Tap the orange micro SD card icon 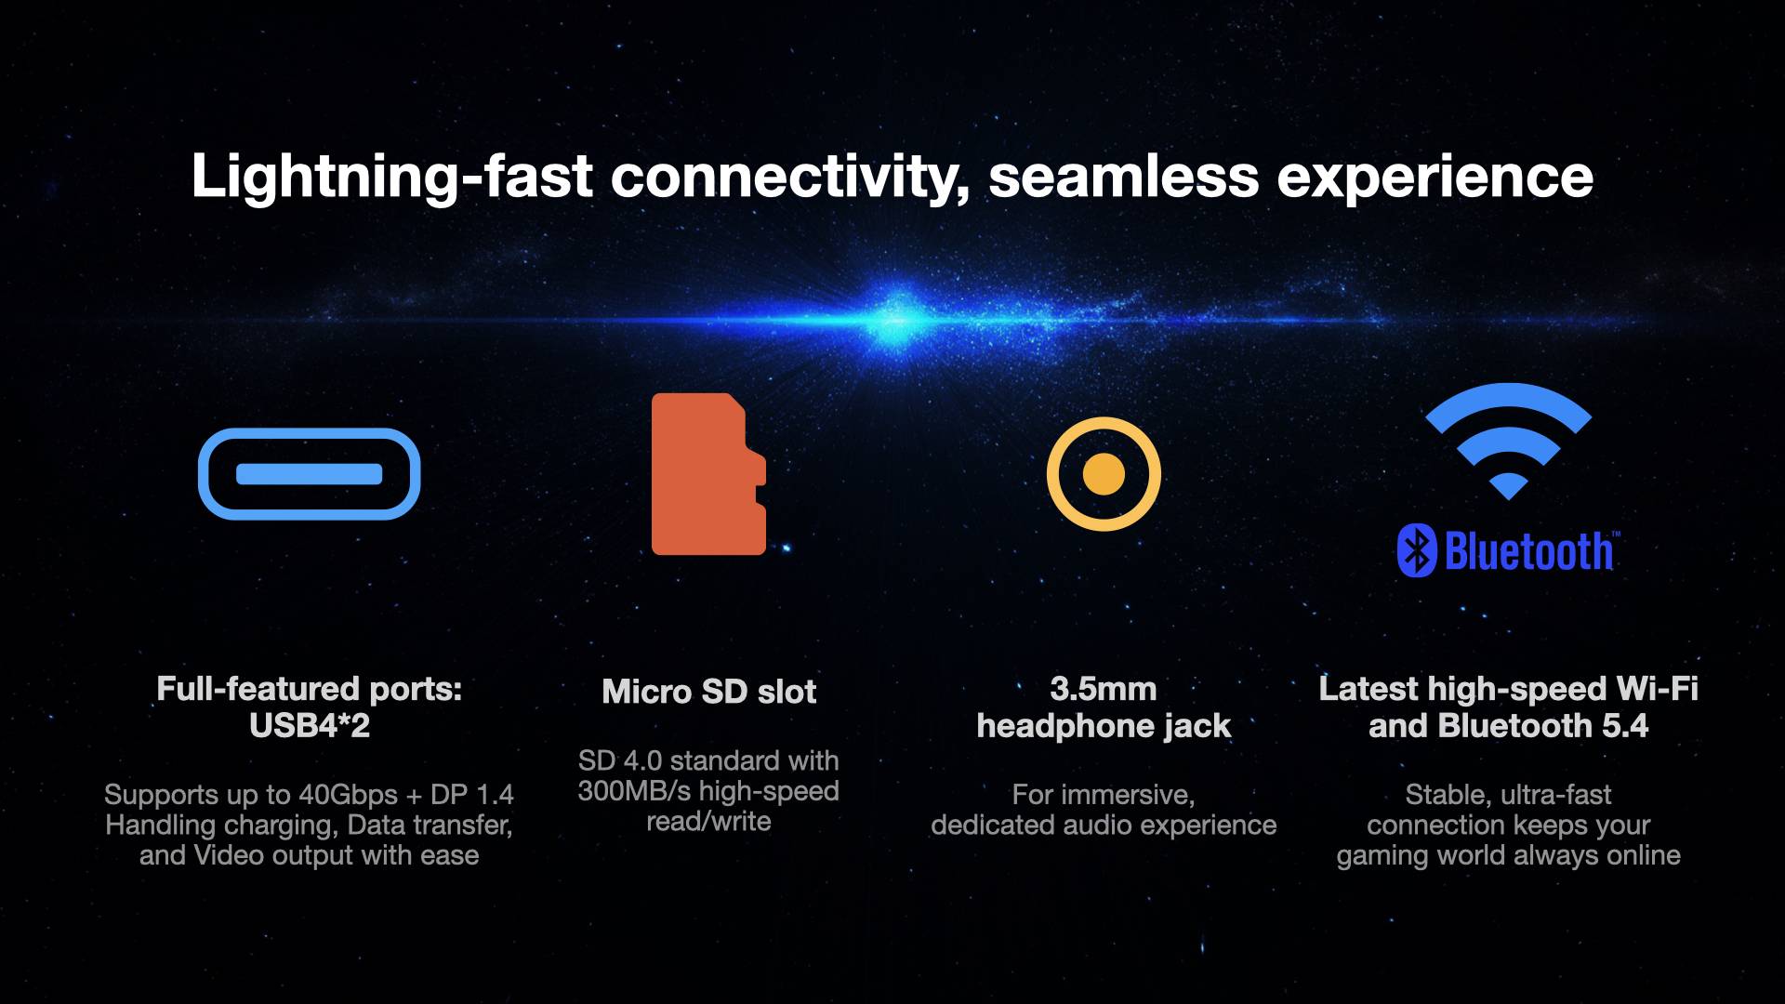[x=708, y=474]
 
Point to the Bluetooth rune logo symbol [x=1417, y=551]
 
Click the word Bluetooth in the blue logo [x=1529, y=551]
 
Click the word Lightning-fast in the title [x=391, y=177]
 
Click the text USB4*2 [x=310, y=725]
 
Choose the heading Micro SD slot [x=708, y=691]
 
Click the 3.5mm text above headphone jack [x=1104, y=689]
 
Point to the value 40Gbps [x=348, y=795]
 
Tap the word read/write [x=708, y=822]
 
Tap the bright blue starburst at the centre [x=897, y=319]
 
